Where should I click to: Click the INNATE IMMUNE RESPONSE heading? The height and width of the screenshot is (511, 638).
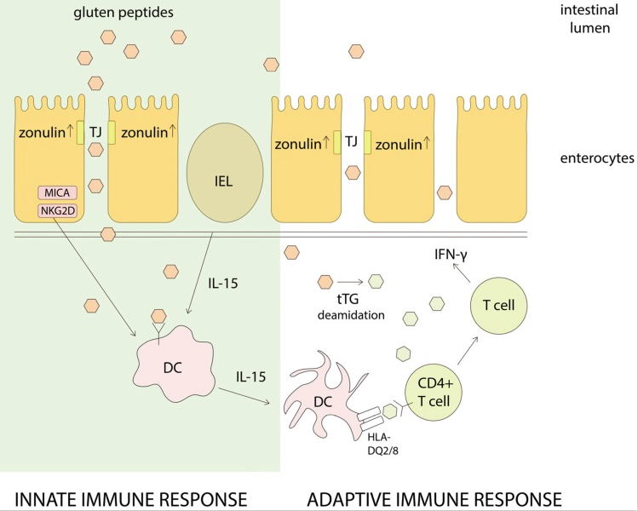pos(132,497)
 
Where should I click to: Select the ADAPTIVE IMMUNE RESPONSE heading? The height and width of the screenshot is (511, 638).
pos(434,497)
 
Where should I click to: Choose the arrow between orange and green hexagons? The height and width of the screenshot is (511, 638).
pos(350,280)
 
